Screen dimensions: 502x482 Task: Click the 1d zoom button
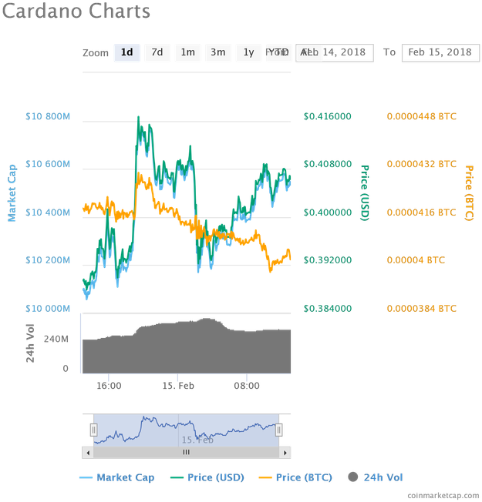[127, 52]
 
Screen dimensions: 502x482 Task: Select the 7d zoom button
[157, 52]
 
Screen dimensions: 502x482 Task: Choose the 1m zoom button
[187, 52]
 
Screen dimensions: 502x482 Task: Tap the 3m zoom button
[218, 52]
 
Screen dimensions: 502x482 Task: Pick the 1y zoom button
[248, 52]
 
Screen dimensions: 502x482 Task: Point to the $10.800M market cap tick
[48, 117]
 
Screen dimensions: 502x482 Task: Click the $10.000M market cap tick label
[48, 308]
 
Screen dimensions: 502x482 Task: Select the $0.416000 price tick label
[327, 117]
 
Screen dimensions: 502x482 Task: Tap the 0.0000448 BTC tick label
[421, 117]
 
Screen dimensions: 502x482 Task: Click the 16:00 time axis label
[109, 385]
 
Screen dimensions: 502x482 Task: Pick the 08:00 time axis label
[246, 385]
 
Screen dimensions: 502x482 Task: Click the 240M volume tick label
[56, 339]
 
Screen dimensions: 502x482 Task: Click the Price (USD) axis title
[365, 193]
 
